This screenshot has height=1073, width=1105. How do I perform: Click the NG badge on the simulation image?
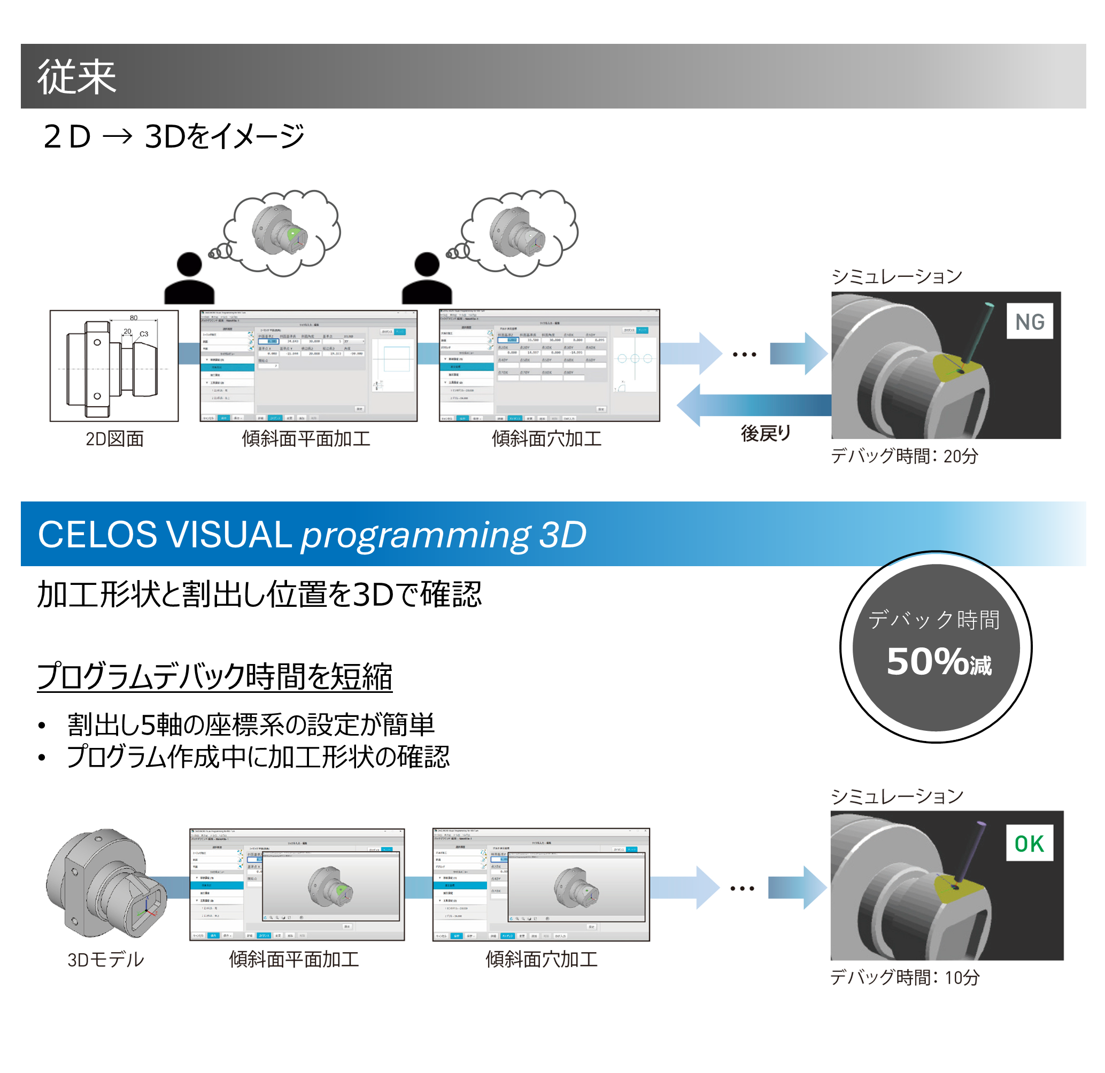click(1030, 321)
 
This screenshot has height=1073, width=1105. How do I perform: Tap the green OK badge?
click(1029, 844)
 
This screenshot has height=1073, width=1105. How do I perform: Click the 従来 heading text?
click(76, 76)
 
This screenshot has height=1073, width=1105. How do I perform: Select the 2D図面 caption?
click(114, 439)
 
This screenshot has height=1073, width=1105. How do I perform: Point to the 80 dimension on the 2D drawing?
click(134, 318)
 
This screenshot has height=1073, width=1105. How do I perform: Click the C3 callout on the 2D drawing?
click(144, 334)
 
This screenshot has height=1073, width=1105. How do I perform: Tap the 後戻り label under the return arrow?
click(766, 433)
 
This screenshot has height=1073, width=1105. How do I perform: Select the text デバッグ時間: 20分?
click(905, 456)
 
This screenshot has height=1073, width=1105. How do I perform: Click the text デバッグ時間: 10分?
click(905, 977)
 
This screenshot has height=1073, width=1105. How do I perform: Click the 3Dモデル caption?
click(106, 959)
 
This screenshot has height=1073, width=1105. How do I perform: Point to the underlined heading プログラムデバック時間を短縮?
click(214, 676)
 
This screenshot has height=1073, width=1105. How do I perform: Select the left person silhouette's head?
click(189, 264)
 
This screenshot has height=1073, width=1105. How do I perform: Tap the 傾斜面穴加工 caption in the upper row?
click(546, 439)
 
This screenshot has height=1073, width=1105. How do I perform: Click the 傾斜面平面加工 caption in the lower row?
click(293, 959)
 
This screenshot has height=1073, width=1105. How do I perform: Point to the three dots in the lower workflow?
click(742, 889)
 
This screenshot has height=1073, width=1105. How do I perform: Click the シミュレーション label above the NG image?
click(897, 276)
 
